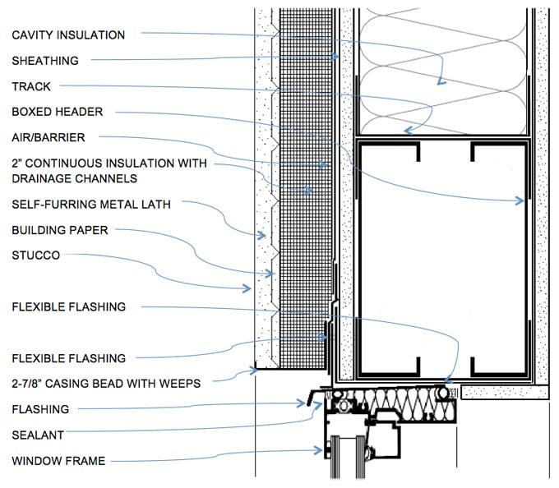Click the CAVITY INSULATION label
pos(68,35)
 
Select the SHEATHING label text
pos(45,61)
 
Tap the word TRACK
pos(31,86)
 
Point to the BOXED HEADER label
pos(58,112)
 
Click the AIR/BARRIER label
pos(49,137)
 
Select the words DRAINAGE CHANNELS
pos(74,178)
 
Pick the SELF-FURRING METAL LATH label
pos(91,204)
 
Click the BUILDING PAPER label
pos(60,231)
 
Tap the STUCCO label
pos(36,256)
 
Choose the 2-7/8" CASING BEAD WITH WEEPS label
pos(106,382)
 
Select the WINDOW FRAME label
pos(58,461)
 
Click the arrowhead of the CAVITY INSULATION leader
pos(441,82)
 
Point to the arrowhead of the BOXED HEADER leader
pos(521,200)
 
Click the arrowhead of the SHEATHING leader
pos(338,56)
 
